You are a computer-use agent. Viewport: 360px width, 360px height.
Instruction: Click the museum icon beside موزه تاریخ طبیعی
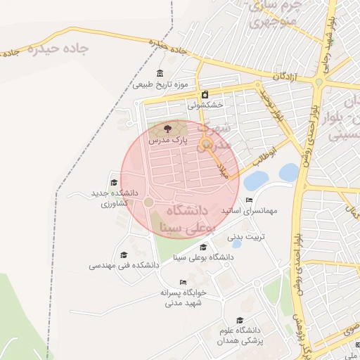[x=161, y=74]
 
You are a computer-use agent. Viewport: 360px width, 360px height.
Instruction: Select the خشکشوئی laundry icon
[x=205, y=94]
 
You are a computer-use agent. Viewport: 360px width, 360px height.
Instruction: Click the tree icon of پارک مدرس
[x=167, y=129]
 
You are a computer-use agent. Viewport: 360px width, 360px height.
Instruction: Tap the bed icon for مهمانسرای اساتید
[x=249, y=200]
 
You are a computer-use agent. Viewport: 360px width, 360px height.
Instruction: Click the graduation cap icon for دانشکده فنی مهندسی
[x=124, y=255]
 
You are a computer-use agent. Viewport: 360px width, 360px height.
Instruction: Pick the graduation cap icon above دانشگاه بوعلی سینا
[x=204, y=247]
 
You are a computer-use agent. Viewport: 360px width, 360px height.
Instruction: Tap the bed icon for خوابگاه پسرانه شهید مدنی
[x=183, y=282]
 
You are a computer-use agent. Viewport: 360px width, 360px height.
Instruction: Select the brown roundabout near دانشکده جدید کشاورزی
[x=148, y=202]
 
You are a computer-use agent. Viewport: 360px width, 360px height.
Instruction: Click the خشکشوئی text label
[x=205, y=105]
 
